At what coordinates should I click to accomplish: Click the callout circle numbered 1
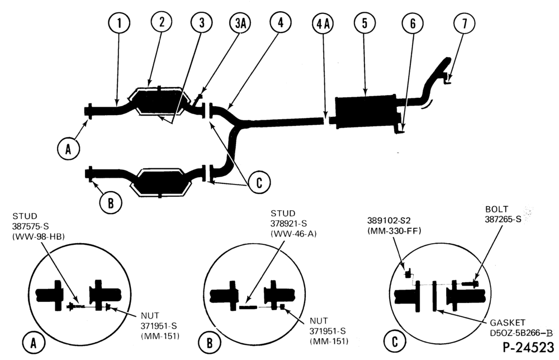119,23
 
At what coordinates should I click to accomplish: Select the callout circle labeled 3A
240,23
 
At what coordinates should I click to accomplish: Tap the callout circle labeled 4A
323,23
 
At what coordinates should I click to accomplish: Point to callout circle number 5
364,23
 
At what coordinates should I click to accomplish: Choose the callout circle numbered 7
464,23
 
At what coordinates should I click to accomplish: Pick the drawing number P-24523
528,347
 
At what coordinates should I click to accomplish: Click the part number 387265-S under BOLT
503,219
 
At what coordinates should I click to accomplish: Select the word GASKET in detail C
508,323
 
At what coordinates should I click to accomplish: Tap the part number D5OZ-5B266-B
521,333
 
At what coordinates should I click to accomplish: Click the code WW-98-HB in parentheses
39,236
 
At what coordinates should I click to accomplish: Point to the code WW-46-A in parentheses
293,234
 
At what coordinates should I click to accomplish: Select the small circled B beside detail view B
209,343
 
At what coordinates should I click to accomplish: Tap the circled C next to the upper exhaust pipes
259,182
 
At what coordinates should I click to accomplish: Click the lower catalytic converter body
158,182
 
